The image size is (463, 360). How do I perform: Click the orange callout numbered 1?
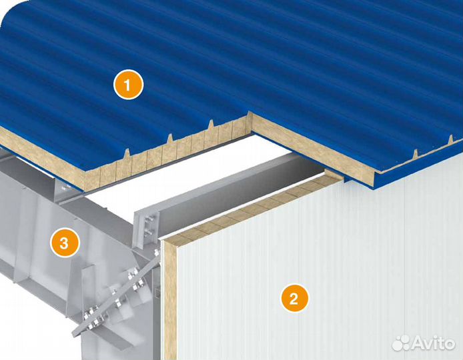click(x=129, y=85)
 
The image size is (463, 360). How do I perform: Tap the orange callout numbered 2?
click(x=294, y=298)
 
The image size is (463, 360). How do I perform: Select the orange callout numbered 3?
click(x=64, y=243)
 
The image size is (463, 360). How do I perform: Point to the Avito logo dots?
click(x=401, y=343)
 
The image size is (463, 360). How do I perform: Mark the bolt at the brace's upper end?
click(x=157, y=252)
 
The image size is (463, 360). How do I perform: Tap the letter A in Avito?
click(x=417, y=343)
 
